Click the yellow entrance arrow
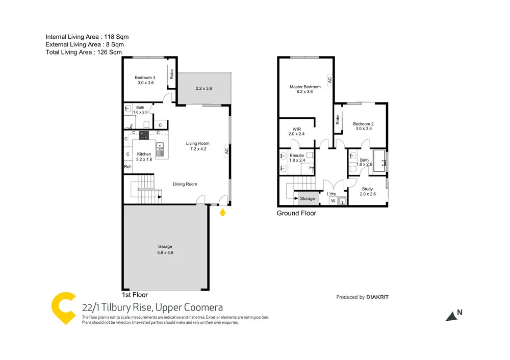(x=222, y=212)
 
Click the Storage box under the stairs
(x=307, y=198)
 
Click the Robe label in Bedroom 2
(x=338, y=119)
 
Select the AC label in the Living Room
(x=226, y=150)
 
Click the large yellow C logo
(x=63, y=308)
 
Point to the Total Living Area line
(x=84, y=52)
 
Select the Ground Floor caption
(x=296, y=213)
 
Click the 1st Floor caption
(x=135, y=295)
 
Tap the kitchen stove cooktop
(x=144, y=135)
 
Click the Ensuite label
(x=297, y=155)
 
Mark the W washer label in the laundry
(x=333, y=201)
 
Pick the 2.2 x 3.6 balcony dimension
(x=204, y=88)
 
